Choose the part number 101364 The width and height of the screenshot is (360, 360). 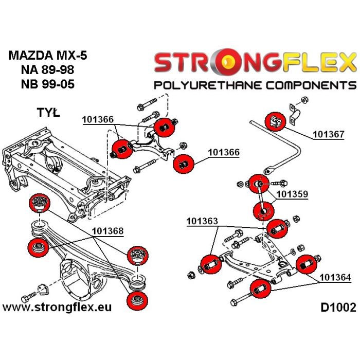point(335,278)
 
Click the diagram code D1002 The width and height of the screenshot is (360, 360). point(338,308)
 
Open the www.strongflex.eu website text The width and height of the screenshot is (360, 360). point(57,308)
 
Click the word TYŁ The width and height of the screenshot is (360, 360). point(48,112)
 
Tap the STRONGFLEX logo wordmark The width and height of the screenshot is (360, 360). point(255,63)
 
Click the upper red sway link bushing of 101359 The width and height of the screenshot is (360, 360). point(259,184)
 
